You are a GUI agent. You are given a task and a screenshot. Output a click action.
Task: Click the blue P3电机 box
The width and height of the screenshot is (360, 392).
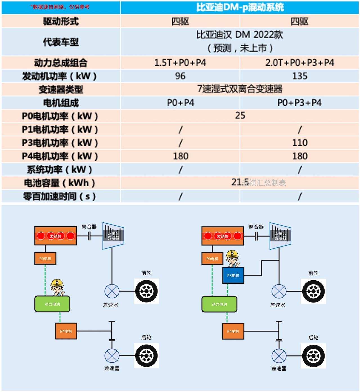point(233,275)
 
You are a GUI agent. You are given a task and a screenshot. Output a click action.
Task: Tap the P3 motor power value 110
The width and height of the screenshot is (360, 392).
point(300,143)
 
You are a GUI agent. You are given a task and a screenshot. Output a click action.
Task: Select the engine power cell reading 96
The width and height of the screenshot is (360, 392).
point(180,76)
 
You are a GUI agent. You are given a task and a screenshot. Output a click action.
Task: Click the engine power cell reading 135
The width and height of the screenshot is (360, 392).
point(300,76)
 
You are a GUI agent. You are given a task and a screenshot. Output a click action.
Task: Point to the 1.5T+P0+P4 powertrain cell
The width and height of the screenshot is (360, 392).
point(180,62)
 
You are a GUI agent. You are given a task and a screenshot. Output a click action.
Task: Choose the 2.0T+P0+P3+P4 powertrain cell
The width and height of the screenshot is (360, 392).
point(300,62)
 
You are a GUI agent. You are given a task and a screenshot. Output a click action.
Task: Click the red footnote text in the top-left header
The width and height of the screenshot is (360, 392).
point(60,7)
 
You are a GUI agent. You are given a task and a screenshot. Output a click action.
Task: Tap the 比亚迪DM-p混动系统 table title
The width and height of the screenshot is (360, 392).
point(240,7)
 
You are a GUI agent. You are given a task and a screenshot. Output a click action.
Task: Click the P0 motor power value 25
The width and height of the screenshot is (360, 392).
point(240,115)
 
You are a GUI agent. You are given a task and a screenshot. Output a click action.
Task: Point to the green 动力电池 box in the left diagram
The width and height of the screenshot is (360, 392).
point(52,304)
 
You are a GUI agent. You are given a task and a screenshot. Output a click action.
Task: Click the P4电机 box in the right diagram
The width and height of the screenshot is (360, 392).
point(233,331)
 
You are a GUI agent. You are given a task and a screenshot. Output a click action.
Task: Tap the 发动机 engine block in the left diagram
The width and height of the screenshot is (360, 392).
point(56,236)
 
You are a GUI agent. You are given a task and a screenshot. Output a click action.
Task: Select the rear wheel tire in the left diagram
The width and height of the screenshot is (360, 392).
point(146,355)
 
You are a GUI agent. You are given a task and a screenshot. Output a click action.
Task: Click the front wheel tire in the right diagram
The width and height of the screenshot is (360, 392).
point(313,291)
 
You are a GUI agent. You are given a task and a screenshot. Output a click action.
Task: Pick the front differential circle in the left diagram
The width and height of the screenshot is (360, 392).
point(112,291)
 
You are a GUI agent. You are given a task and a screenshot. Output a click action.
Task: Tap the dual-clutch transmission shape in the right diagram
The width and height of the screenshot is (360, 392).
point(280,236)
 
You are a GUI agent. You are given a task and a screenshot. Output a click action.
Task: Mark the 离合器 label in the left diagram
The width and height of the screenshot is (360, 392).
point(89,227)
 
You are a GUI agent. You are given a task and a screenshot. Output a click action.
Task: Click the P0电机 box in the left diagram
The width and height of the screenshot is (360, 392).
point(45,258)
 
